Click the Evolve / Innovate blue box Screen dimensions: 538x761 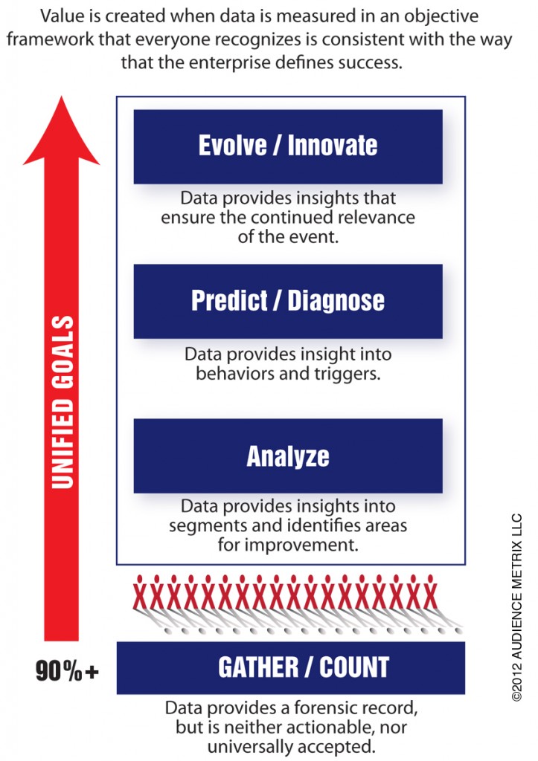click(288, 146)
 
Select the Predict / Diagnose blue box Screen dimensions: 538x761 click(288, 302)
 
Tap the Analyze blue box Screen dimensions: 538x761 click(288, 456)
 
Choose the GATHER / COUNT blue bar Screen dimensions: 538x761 click(291, 668)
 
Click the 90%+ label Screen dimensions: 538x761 click(67, 671)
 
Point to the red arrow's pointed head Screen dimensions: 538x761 click(62, 97)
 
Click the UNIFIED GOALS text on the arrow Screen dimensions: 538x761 click(63, 402)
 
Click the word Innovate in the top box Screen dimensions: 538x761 click(333, 145)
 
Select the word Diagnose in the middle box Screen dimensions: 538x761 click(336, 300)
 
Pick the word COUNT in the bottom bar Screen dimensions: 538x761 click(354, 667)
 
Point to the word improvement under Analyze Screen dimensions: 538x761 click(303, 545)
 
